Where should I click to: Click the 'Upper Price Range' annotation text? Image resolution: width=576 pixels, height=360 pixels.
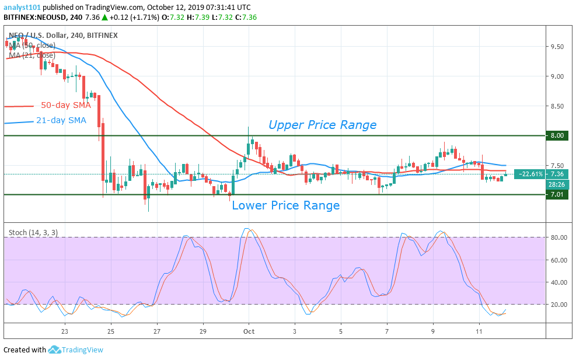pyautogui.click(x=322, y=125)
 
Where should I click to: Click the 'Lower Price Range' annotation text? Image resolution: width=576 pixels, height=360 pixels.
pyautogui.click(x=285, y=205)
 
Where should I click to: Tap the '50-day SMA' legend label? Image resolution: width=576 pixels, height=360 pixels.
pyautogui.click(x=66, y=106)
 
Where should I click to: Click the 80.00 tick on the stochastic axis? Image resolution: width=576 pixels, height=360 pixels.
pyautogui.click(x=560, y=237)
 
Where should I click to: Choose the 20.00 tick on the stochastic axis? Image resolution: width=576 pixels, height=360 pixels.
pyautogui.click(x=560, y=305)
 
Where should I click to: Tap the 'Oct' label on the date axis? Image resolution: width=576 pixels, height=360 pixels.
pyautogui.click(x=249, y=330)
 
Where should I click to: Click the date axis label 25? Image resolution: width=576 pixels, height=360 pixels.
pyautogui.click(x=111, y=330)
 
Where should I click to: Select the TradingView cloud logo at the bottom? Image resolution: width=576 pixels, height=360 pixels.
pyautogui.click(x=54, y=349)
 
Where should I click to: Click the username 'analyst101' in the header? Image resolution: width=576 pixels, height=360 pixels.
pyautogui.click(x=22, y=6)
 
